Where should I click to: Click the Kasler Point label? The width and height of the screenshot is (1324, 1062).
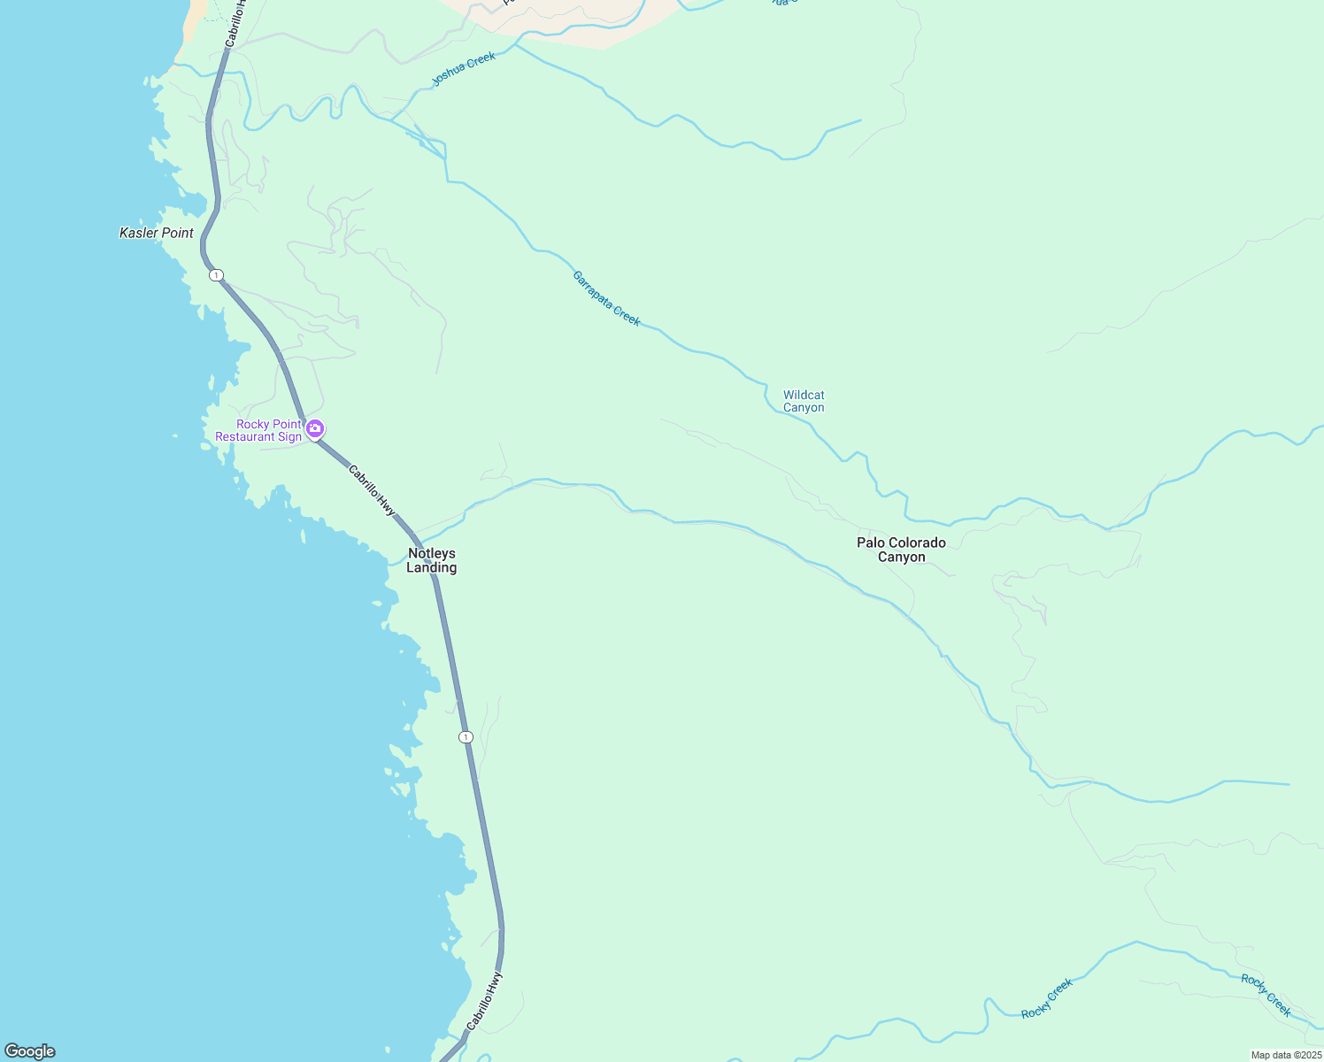click(x=157, y=233)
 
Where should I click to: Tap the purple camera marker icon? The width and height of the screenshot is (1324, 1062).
click(x=315, y=429)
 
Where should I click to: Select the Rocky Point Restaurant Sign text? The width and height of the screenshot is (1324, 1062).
click(x=258, y=430)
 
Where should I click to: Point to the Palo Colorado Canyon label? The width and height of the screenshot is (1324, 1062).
click(x=901, y=550)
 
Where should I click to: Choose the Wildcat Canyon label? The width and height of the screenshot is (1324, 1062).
click(x=804, y=401)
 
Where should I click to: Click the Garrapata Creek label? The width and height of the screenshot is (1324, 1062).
click(x=606, y=298)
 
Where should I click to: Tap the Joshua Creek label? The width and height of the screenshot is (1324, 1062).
click(x=464, y=69)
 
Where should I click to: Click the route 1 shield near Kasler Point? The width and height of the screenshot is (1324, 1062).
click(x=216, y=275)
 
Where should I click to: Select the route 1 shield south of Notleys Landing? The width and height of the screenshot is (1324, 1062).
click(x=466, y=737)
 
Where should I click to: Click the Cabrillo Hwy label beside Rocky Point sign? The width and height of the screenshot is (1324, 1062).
click(x=372, y=490)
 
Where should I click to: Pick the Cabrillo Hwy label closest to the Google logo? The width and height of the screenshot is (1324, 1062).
click(x=484, y=1001)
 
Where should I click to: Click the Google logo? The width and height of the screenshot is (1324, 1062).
click(x=30, y=1051)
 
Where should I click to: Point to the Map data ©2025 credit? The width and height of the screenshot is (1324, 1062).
click(x=1285, y=1055)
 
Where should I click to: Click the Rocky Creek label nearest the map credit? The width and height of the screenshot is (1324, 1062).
click(x=1266, y=995)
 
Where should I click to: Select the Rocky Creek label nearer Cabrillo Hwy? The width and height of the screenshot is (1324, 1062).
click(x=1047, y=998)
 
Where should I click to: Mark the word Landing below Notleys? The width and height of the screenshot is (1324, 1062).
click(x=432, y=568)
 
